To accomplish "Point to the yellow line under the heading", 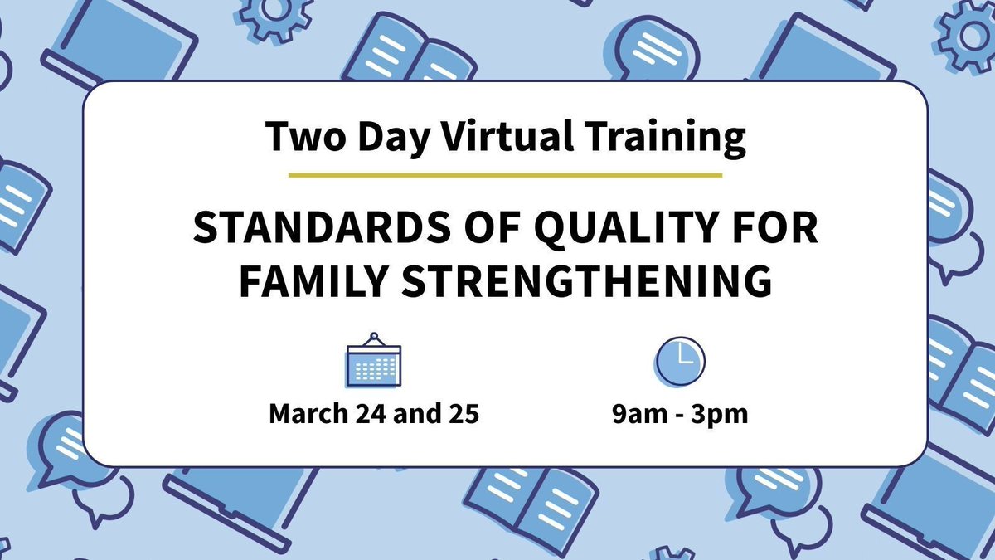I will click(505, 175).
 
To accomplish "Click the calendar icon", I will click(373, 361).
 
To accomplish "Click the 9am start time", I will click(633, 413).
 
